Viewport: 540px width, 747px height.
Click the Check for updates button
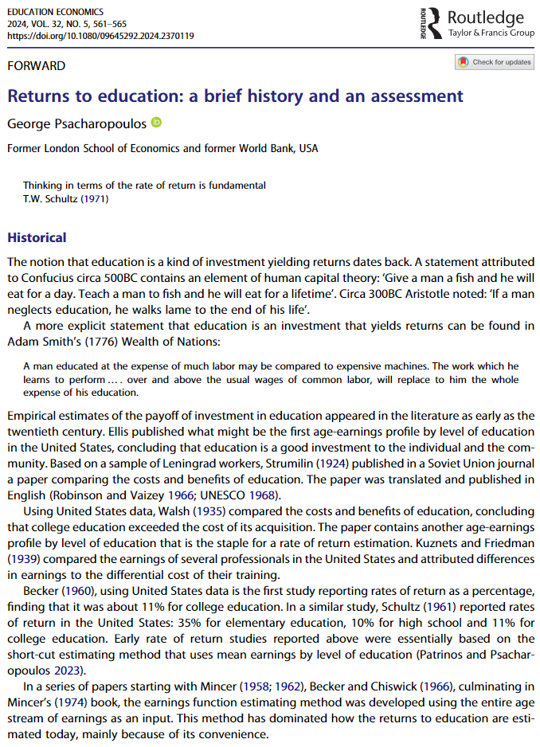495,62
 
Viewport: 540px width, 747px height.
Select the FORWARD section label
37,66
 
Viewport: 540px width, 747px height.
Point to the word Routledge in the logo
486,18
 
